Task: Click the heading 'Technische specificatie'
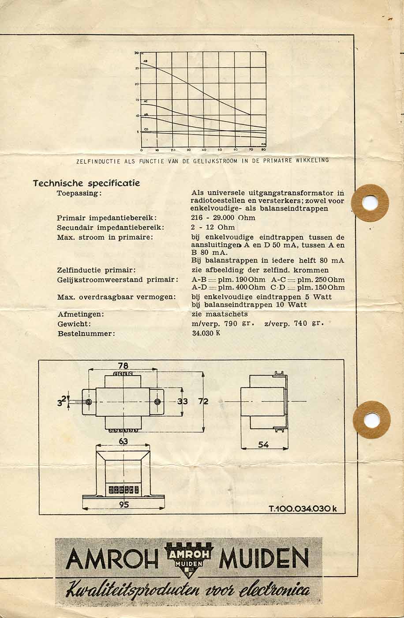click(86, 183)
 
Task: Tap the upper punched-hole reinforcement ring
click(370, 203)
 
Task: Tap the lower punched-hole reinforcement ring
click(371, 419)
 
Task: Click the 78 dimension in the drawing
click(123, 366)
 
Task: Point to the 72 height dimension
click(203, 401)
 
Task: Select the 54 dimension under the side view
click(263, 445)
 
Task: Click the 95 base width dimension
click(124, 505)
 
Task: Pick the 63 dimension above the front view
click(123, 441)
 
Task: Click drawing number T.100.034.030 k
click(303, 509)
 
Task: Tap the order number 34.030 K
click(206, 333)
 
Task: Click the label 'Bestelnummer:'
click(86, 334)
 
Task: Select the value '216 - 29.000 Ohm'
click(223, 218)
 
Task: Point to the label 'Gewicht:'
click(74, 324)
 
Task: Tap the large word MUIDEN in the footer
click(263, 558)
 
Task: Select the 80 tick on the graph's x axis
click(264, 150)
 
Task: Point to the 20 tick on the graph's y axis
click(137, 84)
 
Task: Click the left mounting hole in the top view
click(89, 402)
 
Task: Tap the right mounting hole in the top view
click(157, 402)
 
